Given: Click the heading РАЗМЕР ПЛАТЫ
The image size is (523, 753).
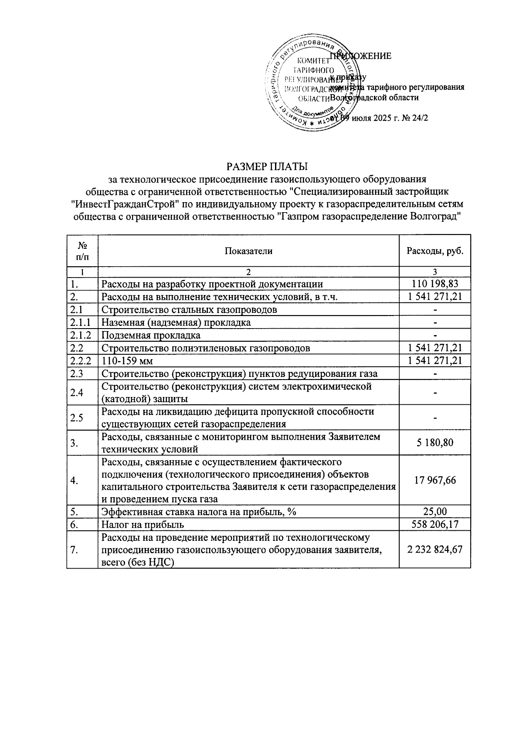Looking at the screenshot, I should coord(267,167).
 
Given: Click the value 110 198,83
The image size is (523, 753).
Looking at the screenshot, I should coord(435,285).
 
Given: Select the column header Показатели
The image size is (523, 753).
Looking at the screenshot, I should coord(248,251).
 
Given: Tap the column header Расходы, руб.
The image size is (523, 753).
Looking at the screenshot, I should coord(435,251).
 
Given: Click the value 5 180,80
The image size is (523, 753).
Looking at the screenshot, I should coord(435,443).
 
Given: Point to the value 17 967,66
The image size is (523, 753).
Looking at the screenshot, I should coord(435,480).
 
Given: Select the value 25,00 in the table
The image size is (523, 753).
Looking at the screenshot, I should coord(435,512).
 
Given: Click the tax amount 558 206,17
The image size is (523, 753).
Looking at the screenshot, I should coord(435,525).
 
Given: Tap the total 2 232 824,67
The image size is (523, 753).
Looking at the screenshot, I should coord(435,550).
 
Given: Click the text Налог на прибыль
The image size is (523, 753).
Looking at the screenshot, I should coord(143,525).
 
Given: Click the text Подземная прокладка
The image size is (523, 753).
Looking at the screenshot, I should coord(151,335).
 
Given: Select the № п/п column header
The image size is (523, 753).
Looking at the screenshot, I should coord(82,251).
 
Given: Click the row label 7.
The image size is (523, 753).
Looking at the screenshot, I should coord(74,550).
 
